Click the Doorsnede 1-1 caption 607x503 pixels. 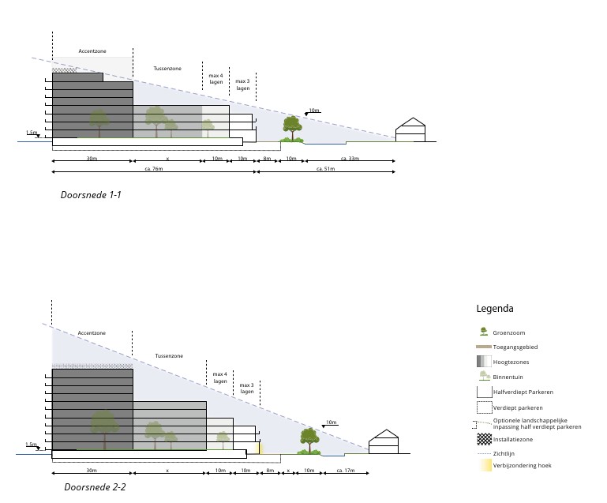(x=91, y=194)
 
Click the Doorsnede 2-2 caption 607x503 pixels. (x=95, y=487)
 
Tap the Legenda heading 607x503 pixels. (x=495, y=309)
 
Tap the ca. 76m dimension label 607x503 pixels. (x=153, y=168)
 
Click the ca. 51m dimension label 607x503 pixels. (x=325, y=168)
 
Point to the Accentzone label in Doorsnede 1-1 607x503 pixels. (x=92, y=51)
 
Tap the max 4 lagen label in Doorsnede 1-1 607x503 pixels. (x=215, y=78)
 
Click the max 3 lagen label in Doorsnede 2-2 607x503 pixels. (x=247, y=388)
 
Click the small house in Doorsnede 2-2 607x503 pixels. (x=384, y=442)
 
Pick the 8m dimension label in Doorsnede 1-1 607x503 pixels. (x=267, y=159)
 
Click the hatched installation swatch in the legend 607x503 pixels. (x=484, y=439)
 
